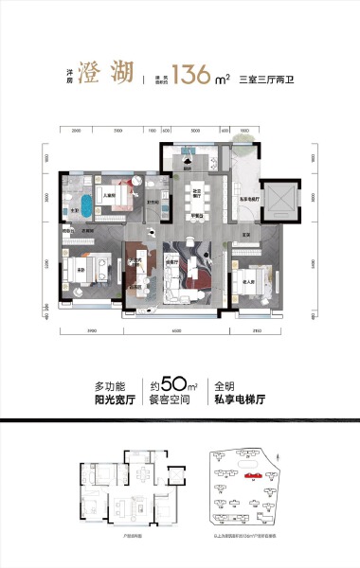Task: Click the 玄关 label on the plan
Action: (x=243, y=235)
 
